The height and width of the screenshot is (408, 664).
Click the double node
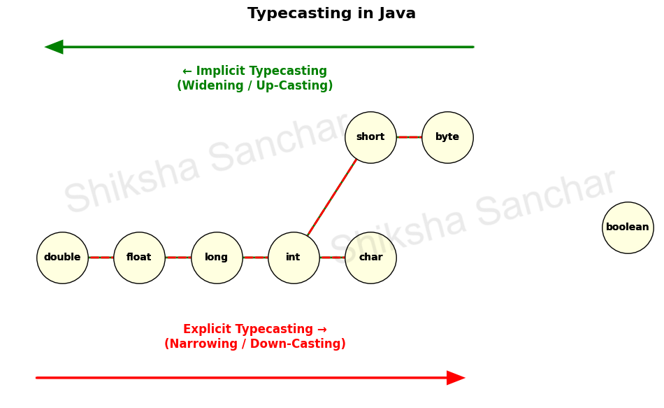click(62, 258)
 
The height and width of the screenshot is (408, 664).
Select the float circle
click(139, 258)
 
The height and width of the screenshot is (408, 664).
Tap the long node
click(217, 258)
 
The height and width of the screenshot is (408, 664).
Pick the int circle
click(294, 258)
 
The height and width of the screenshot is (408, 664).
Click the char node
click(370, 258)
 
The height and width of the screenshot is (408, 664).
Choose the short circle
click(370, 137)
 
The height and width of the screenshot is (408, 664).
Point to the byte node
click(447, 137)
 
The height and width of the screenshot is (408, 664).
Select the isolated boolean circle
click(628, 227)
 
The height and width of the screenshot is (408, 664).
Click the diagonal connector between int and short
click(332, 197)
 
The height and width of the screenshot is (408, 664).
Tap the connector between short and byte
click(409, 137)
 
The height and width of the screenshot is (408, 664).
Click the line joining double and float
click(101, 258)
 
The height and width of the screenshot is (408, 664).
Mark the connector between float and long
click(178, 258)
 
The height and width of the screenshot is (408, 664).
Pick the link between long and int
click(255, 258)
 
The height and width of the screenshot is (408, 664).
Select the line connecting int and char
click(332, 258)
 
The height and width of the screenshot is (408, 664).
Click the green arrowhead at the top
click(55, 47)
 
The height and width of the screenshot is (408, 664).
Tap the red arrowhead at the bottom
click(455, 378)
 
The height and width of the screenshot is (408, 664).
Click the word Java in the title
click(397, 14)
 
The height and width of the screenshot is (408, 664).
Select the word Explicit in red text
click(208, 330)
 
